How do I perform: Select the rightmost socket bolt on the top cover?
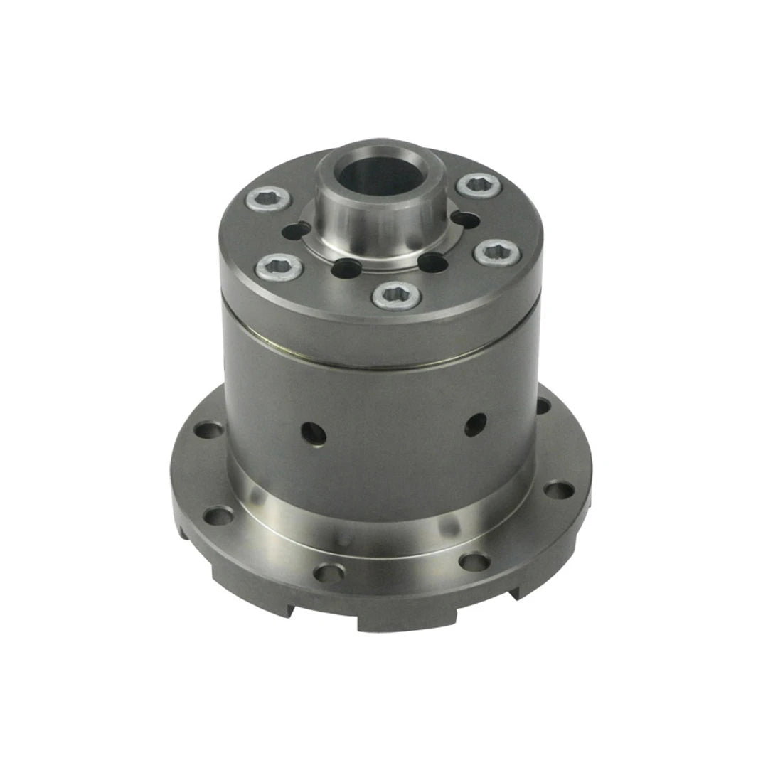[x=497, y=252]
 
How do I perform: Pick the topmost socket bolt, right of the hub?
[x=478, y=185]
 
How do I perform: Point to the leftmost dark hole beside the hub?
[x=296, y=231]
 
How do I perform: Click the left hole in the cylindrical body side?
[x=312, y=433]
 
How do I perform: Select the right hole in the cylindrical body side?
[x=474, y=424]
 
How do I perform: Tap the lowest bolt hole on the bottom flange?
[x=329, y=572]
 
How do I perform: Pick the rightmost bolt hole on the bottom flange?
[x=558, y=491]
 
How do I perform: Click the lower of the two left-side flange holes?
[x=218, y=514]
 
